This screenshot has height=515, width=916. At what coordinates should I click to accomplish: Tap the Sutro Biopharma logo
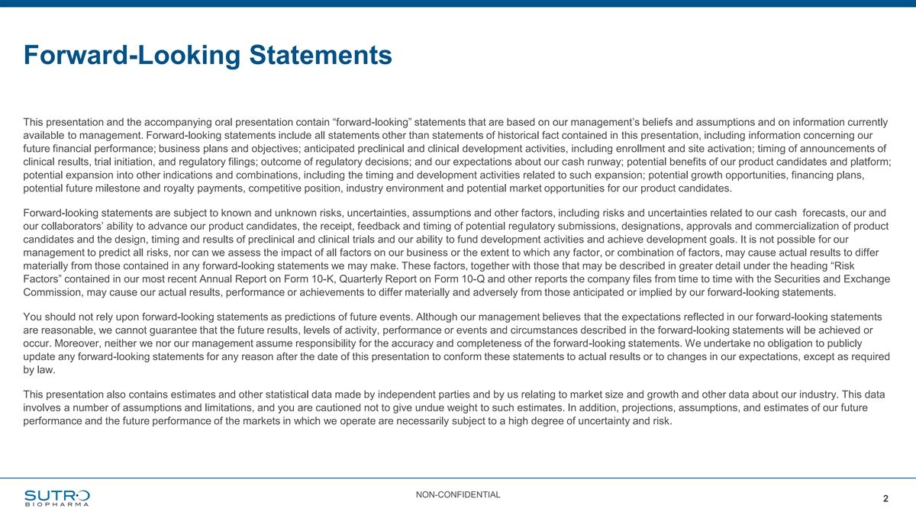57,497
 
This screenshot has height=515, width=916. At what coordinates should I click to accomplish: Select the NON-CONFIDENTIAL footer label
458,495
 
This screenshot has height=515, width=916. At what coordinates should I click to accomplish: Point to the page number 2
885,499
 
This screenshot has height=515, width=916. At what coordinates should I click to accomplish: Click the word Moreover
63,343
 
